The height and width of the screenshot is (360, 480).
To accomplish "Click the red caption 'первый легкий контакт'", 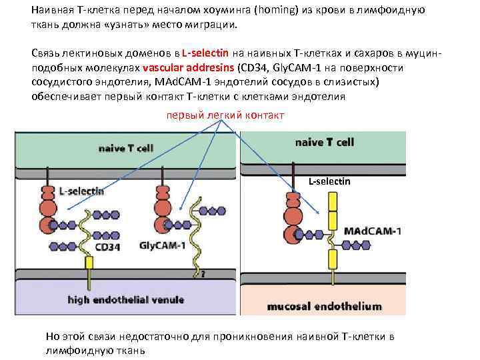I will click(225, 115).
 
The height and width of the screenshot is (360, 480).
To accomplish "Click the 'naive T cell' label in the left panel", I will click(125, 147).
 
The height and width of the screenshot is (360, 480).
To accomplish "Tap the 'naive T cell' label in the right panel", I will click(325, 142).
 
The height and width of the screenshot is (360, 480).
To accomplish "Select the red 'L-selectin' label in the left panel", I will click(81, 191).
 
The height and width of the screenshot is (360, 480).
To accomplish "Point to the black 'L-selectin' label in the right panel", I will click(329, 181).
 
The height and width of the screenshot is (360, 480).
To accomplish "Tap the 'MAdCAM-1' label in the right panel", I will click(373, 231).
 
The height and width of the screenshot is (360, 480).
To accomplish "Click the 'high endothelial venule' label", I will click(125, 299).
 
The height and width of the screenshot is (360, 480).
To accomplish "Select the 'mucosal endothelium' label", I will click(324, 307).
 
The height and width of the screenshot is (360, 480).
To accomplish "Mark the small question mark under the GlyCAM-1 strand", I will click(203, 273).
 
